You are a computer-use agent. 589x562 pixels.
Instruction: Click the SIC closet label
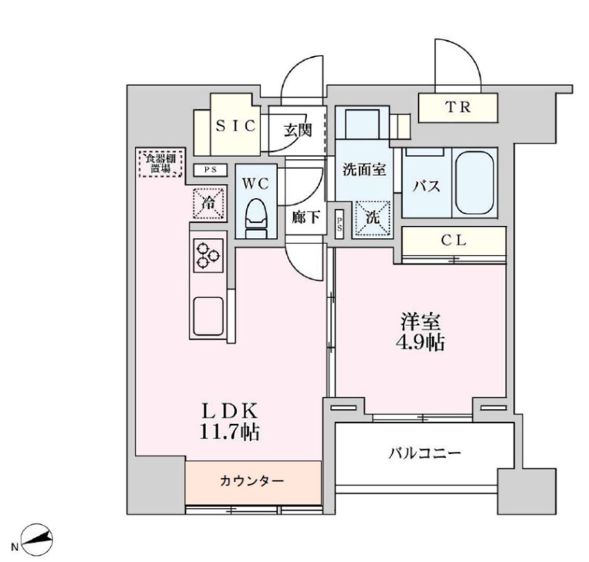pyautogui.click(x=236, y=126)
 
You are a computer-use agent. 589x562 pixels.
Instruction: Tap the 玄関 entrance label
pyautogui.click(x=298, y=130)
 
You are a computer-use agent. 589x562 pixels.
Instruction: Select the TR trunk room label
pyautogui.click(x=458, y=107)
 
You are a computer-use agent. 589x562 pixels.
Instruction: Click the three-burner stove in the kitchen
pyautogui.click(x=208, y=255)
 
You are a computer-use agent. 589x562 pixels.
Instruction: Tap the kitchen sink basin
pyautogui.click(x=208, y=316)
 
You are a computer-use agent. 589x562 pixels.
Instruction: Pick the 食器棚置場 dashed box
pyautogui.click(x=161, y=163)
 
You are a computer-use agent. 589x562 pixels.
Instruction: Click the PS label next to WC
pyautogui.click(x=210, y=170)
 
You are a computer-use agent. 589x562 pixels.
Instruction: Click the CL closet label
pyautogui.click(x=454, y=240)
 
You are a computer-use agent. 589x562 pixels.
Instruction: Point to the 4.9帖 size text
pyautogui.click(x=422, y=342)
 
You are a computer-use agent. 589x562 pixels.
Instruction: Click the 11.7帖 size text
pyautogui.click(x=230, y=432)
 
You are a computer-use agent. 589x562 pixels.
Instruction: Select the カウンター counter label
pyautogui.click(x=252, y=482)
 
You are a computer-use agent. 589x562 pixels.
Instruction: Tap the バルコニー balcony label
pyautogui.click(x=424, y=453)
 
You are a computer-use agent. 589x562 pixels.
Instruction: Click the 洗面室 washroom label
pyautogui.click(x=364, y=170)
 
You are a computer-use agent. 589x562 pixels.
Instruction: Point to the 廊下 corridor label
pyautogui.click(x=306, y=217)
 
